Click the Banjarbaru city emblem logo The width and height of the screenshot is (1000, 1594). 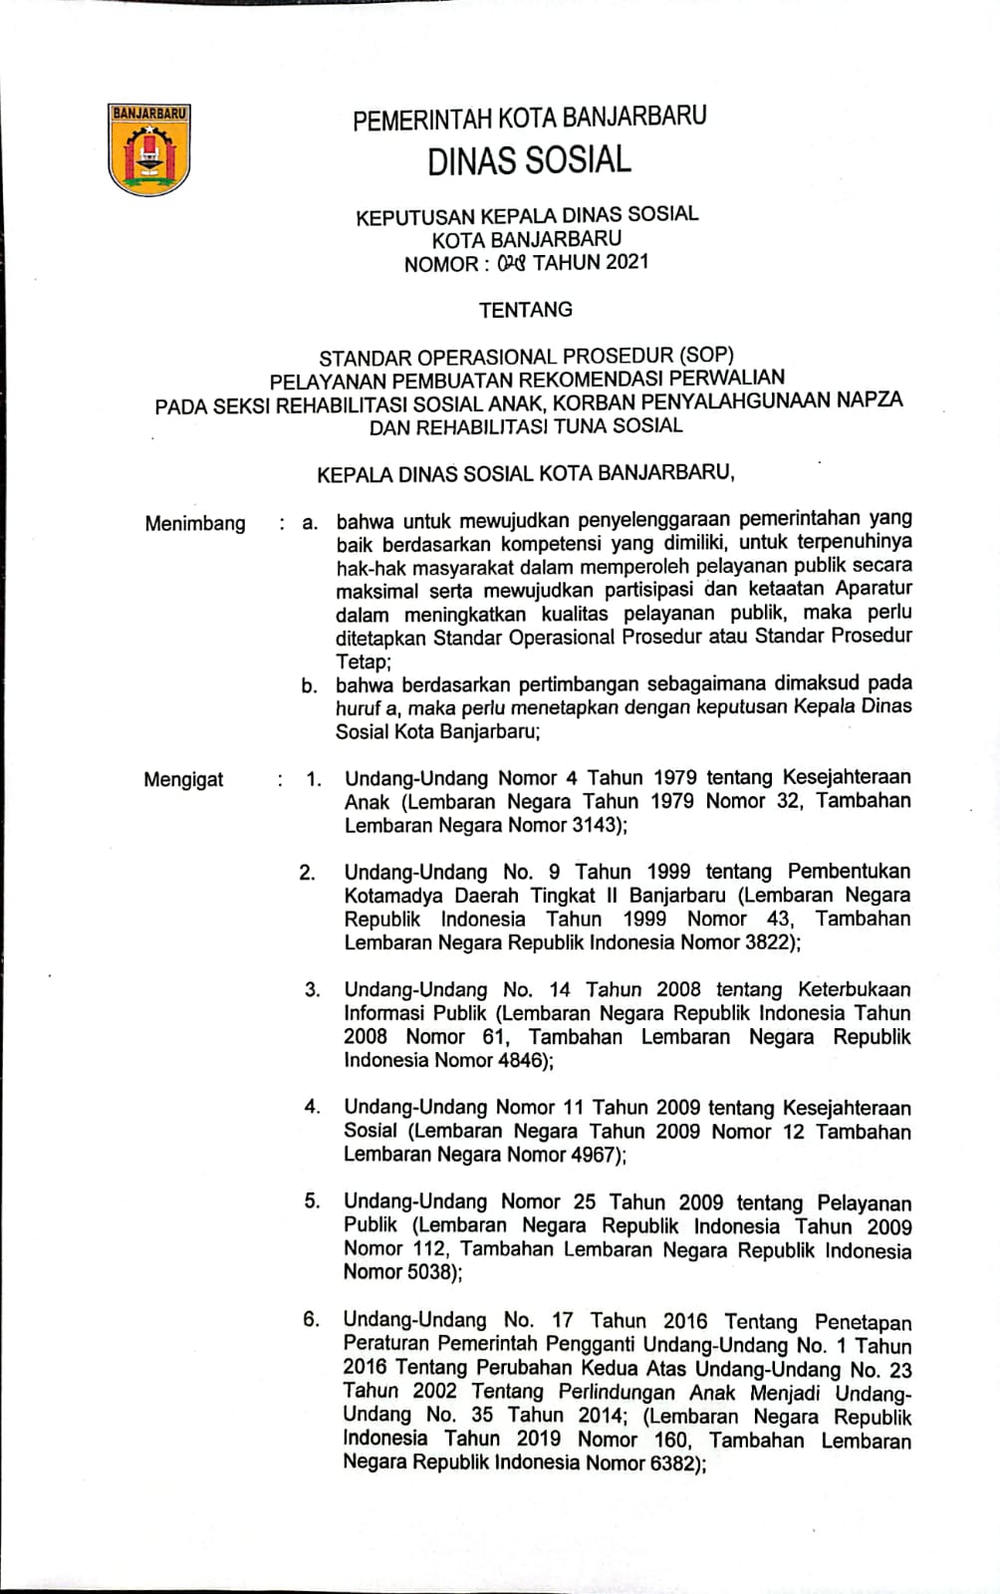click(148, 150)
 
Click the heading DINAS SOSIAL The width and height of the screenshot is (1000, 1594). click(529, 160)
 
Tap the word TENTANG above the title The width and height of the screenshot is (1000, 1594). click(526, 310)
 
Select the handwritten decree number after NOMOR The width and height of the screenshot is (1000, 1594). click(510, 263)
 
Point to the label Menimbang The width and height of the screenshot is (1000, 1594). click(195, 524)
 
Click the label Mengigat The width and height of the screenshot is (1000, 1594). click(183, 779)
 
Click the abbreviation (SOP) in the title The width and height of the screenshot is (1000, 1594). click(705, 356)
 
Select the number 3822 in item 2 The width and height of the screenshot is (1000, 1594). click(768, 942)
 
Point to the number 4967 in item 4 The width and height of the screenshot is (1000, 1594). click(594, 1155)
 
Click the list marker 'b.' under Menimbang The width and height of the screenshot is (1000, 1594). click(310, 685)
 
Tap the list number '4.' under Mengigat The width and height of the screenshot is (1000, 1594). click(312, 1107)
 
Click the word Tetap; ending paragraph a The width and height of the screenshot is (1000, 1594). click(364, 661)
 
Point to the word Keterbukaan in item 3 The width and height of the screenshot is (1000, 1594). click(854, 989)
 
